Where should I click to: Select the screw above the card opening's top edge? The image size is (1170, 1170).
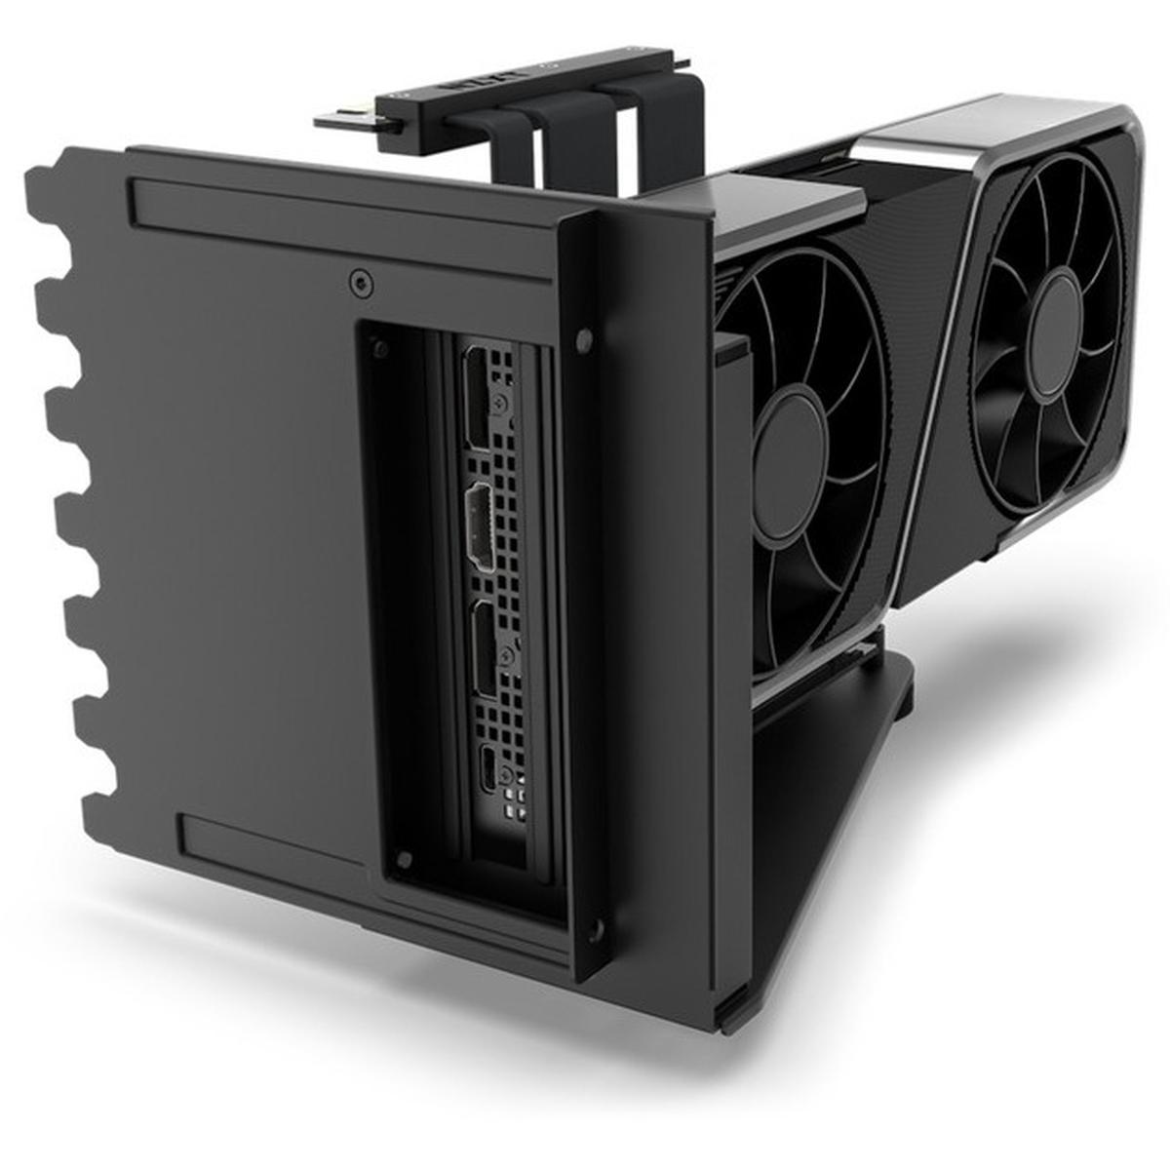point(362,284)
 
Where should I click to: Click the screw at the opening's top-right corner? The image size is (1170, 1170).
point(584,338)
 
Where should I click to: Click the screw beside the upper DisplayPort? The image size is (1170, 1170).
point(501,401)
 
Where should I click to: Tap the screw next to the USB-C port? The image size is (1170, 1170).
point(506,775)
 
